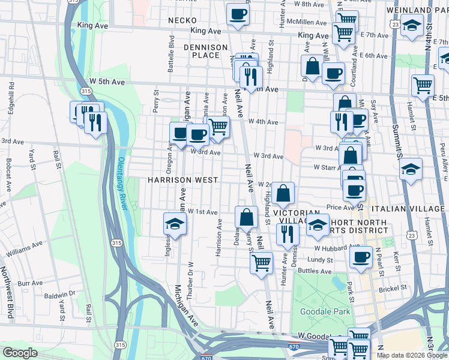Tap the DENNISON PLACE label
point(206,51)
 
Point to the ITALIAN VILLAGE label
point(409,208)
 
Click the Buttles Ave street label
point(316,271)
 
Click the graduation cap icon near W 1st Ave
point(175,223)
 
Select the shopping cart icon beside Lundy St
point(261,262)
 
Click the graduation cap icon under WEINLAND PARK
point(412,25)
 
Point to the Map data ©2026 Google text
point(411,355)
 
